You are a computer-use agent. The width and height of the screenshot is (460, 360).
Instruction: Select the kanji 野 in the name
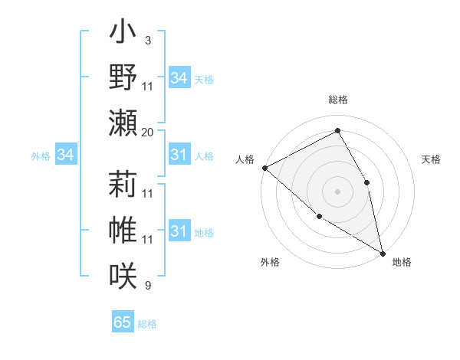click(123, 77)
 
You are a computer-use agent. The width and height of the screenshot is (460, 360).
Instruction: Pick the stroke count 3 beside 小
click(147, 40)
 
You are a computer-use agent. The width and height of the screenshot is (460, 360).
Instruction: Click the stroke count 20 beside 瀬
click(147, 133)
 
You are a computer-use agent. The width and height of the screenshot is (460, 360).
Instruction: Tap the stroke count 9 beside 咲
click(147, 286)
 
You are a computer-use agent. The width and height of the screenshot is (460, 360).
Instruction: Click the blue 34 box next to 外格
click(66, 155)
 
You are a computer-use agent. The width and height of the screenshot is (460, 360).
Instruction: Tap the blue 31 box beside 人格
click(179, 155)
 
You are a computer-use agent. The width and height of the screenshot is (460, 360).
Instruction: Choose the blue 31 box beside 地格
click(179, 231)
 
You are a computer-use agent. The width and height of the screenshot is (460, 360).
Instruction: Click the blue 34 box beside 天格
click(179, 78)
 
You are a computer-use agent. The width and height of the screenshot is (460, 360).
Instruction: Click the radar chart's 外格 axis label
click(270, 263)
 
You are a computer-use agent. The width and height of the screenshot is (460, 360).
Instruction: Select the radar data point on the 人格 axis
click(264, 168)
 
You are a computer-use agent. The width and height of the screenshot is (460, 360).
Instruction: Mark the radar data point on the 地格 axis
click(382, 252)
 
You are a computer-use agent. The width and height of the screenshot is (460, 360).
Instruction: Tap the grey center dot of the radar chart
click(337, 191)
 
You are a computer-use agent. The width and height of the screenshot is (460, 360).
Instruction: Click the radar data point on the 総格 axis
click(337, 131)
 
